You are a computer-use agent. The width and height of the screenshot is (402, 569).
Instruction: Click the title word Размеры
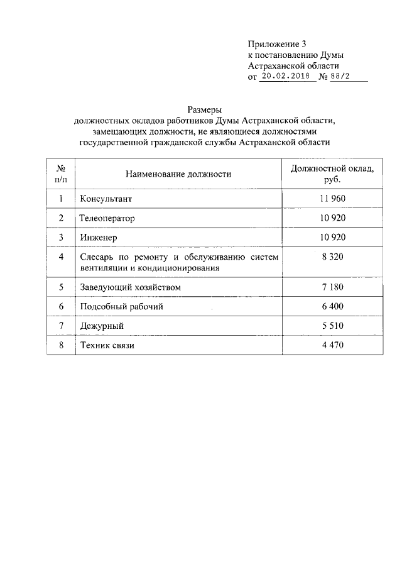click(205, 109)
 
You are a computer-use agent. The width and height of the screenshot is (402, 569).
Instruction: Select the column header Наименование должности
click(178, 174)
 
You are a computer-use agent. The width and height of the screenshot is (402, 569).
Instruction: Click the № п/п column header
click(62, 174)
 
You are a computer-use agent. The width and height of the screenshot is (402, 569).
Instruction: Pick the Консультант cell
click(107, 199)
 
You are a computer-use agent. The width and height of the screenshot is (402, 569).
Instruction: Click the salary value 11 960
click(333, 199)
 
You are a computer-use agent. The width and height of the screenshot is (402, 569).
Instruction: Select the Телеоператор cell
click(108, 218)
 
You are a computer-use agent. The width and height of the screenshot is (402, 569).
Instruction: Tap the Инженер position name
click(99, 238)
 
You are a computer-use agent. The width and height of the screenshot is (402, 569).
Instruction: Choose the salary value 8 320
click(333, 257)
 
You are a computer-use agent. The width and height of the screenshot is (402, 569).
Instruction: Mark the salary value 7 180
click(333, 287)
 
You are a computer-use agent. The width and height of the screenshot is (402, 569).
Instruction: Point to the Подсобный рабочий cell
click(122, 307)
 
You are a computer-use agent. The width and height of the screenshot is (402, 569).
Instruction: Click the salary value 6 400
click(333, 306)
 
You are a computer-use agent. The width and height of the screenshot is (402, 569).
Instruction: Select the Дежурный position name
click(102, 326)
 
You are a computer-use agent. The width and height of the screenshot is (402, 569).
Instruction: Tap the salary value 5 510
click(333, 326)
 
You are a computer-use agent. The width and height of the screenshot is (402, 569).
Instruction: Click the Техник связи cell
click(107, 346)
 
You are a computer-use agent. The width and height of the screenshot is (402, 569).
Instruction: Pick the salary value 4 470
click(333, 345)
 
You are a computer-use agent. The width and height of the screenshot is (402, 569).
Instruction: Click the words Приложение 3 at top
click(276, 44)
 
